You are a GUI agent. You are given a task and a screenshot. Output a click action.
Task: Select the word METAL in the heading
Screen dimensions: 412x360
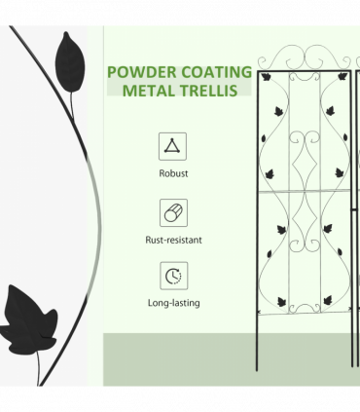pyautogui.click(x=150, y=91)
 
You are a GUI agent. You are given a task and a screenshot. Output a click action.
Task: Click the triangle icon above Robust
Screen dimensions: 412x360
pyautogui.click(x=173, y=147)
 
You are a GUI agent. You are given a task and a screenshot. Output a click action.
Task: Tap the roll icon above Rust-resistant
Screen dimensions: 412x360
pyautogui.click(x=173, y=211)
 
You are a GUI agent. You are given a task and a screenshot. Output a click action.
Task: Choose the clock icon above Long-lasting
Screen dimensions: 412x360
pyautogui.click(x=173, y=276)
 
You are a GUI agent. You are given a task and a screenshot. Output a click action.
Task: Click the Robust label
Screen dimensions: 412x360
pyautogui.click(x=173, y=173)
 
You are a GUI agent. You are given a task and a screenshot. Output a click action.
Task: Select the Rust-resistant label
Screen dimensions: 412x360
pyautogui.click(x=173, y=238)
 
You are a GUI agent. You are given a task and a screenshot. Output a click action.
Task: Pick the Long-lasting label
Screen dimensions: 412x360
pyautogui.click(x=173, y=303)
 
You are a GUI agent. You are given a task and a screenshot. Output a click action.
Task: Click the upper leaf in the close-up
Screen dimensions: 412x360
pyautogui.click(x=67, y=57)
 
